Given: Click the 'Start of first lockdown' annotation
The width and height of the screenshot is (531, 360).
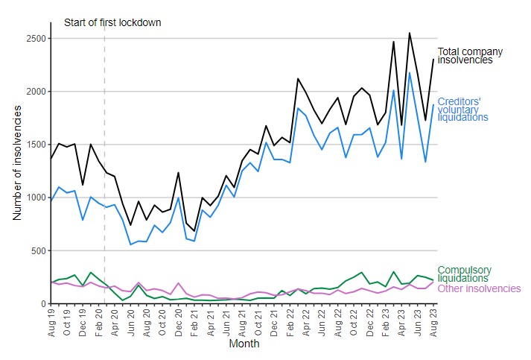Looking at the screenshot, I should point(112,22).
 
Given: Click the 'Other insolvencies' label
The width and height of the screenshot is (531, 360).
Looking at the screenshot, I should point(479,288).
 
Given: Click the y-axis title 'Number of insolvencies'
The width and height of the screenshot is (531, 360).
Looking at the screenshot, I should point(17,162).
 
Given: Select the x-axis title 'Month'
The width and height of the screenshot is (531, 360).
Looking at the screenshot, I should point(244,344).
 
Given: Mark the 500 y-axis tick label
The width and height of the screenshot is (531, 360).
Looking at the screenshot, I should point(37,250).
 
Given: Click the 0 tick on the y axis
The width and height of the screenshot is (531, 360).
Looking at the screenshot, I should point(42,303).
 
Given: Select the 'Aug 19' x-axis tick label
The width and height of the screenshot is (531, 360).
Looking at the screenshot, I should point(51,323).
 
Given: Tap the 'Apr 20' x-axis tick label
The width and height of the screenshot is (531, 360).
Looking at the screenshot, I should point(115,323).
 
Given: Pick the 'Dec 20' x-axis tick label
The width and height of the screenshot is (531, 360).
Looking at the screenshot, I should point(178,323).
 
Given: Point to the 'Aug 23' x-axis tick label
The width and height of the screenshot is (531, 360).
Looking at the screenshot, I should point(432,323).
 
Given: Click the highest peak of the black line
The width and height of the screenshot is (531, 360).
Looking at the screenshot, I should point(409,33).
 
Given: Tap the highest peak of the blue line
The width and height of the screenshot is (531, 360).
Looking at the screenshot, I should point(409,72).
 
